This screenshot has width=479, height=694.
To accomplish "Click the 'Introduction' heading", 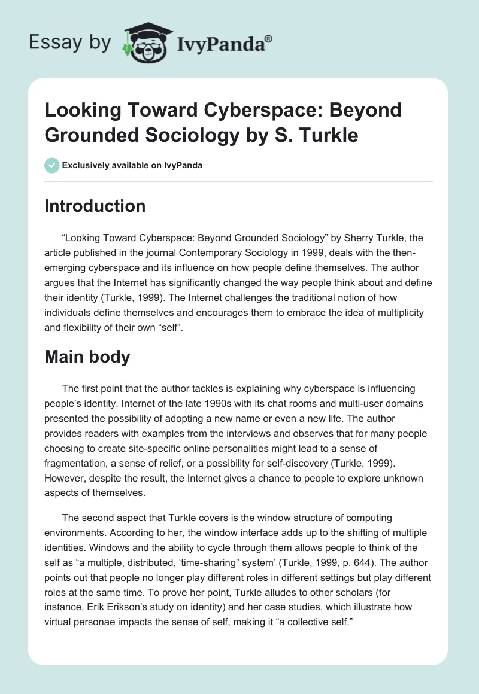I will click(95, 206).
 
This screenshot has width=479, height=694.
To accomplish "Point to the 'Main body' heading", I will click(87, 357).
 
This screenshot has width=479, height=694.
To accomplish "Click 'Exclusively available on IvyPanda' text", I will click(131, 165).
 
